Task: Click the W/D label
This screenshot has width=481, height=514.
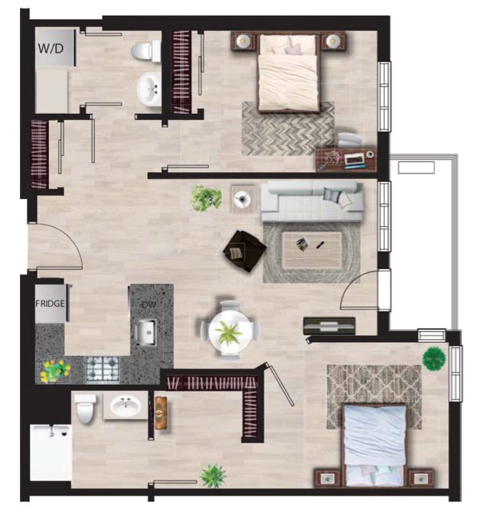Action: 50,48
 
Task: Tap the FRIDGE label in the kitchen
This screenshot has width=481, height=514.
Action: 50,304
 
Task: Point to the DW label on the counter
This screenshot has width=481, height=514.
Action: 149,305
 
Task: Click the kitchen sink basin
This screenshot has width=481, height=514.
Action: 146,333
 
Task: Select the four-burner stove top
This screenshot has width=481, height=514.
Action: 102,369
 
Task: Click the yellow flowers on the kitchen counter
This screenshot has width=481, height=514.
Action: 55,371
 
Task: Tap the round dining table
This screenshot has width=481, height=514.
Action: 231,331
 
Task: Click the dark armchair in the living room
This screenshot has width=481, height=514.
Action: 244,251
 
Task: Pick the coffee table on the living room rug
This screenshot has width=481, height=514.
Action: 312,250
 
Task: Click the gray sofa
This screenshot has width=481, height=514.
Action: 312,202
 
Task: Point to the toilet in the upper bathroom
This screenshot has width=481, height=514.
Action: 146,51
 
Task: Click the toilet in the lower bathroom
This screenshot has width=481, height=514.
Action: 85,408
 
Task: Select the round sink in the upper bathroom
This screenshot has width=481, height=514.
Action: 149,89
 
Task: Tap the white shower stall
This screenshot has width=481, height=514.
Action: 50,452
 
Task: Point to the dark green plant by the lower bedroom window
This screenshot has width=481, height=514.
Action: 434,359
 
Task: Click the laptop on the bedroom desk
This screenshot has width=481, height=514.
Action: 355,160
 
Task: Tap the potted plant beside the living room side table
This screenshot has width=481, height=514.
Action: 206,198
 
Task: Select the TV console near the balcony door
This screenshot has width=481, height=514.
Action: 330,326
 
